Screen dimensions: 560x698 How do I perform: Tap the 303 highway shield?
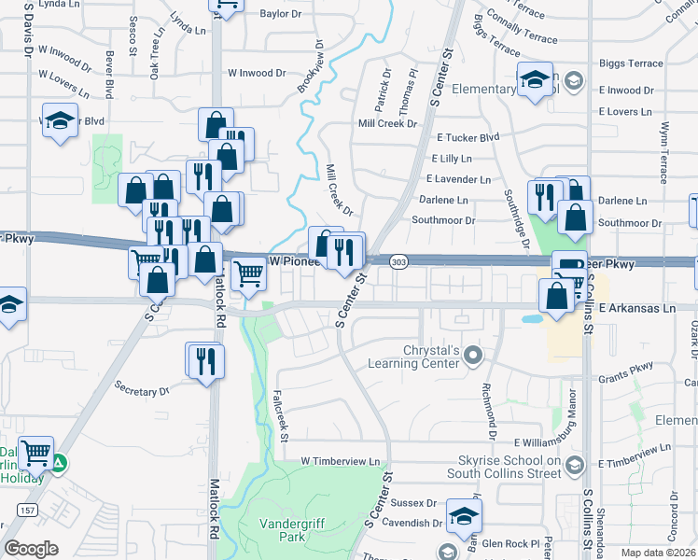(398, 263)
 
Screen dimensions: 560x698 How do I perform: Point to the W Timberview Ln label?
(341, 462)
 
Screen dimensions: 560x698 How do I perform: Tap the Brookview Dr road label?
(310, 65)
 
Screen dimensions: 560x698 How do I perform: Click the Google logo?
(32, 549)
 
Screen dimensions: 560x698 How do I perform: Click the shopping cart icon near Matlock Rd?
(248, 274)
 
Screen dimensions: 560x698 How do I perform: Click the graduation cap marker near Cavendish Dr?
(463, 515)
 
